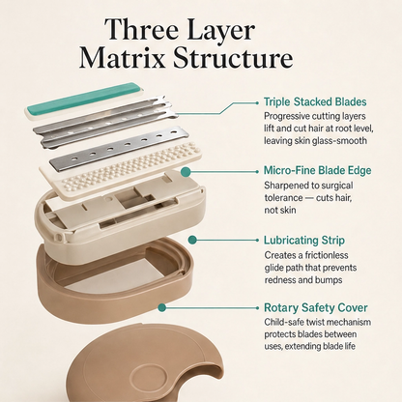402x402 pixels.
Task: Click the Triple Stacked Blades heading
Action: (315, 101)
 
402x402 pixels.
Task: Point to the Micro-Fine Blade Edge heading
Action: (317, 170)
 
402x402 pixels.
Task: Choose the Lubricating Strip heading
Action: (304, 241)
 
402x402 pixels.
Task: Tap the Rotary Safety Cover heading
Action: (315, 307)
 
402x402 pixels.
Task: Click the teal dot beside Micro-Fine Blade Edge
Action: (185, 172)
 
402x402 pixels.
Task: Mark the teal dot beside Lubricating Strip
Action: (192, 240)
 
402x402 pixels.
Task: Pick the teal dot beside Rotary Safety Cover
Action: (162, 307)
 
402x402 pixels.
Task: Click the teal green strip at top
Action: (83, 99)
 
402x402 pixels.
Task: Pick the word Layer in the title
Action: (221, 31)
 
